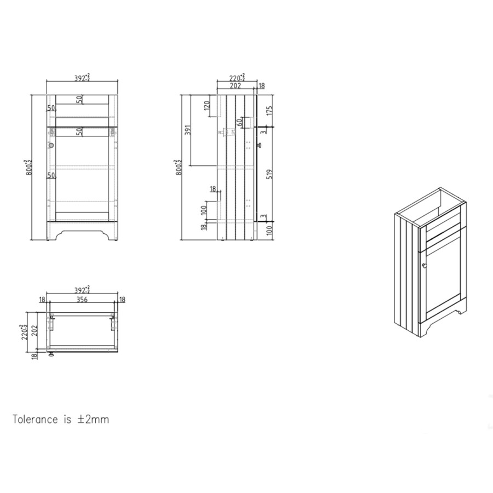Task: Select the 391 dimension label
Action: (187, 130)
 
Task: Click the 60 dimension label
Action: (239, 122)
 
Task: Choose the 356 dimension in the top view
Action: (82, 299)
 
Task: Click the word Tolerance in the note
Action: (35, 420)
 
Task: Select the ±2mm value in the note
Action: (94, 420)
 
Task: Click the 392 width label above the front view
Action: (82, 78)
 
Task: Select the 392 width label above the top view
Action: (82, 289)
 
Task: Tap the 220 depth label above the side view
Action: (236, 78)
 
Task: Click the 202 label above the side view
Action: (236, 85)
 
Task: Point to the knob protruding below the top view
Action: (52, 354)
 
